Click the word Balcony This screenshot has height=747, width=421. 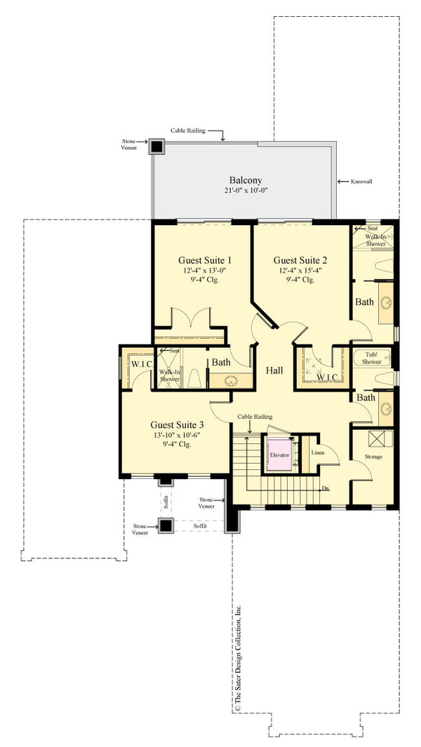tap(245, 179)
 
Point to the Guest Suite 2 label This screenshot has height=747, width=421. tap(300, 260)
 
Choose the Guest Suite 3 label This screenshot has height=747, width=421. tap(177, 425)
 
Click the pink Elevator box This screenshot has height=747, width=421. tap(279, 455)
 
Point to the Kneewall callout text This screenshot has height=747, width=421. tap(360, 181)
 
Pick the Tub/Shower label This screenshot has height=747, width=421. tap(371, 358)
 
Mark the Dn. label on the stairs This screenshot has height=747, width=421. tap(325, 488)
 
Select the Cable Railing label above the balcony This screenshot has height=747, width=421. tap(188, 130)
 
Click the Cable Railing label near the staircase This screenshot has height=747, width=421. tap(255, 417)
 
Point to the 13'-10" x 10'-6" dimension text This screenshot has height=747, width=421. tap(177, 436)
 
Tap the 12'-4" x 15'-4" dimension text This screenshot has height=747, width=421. tap(300, 270)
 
